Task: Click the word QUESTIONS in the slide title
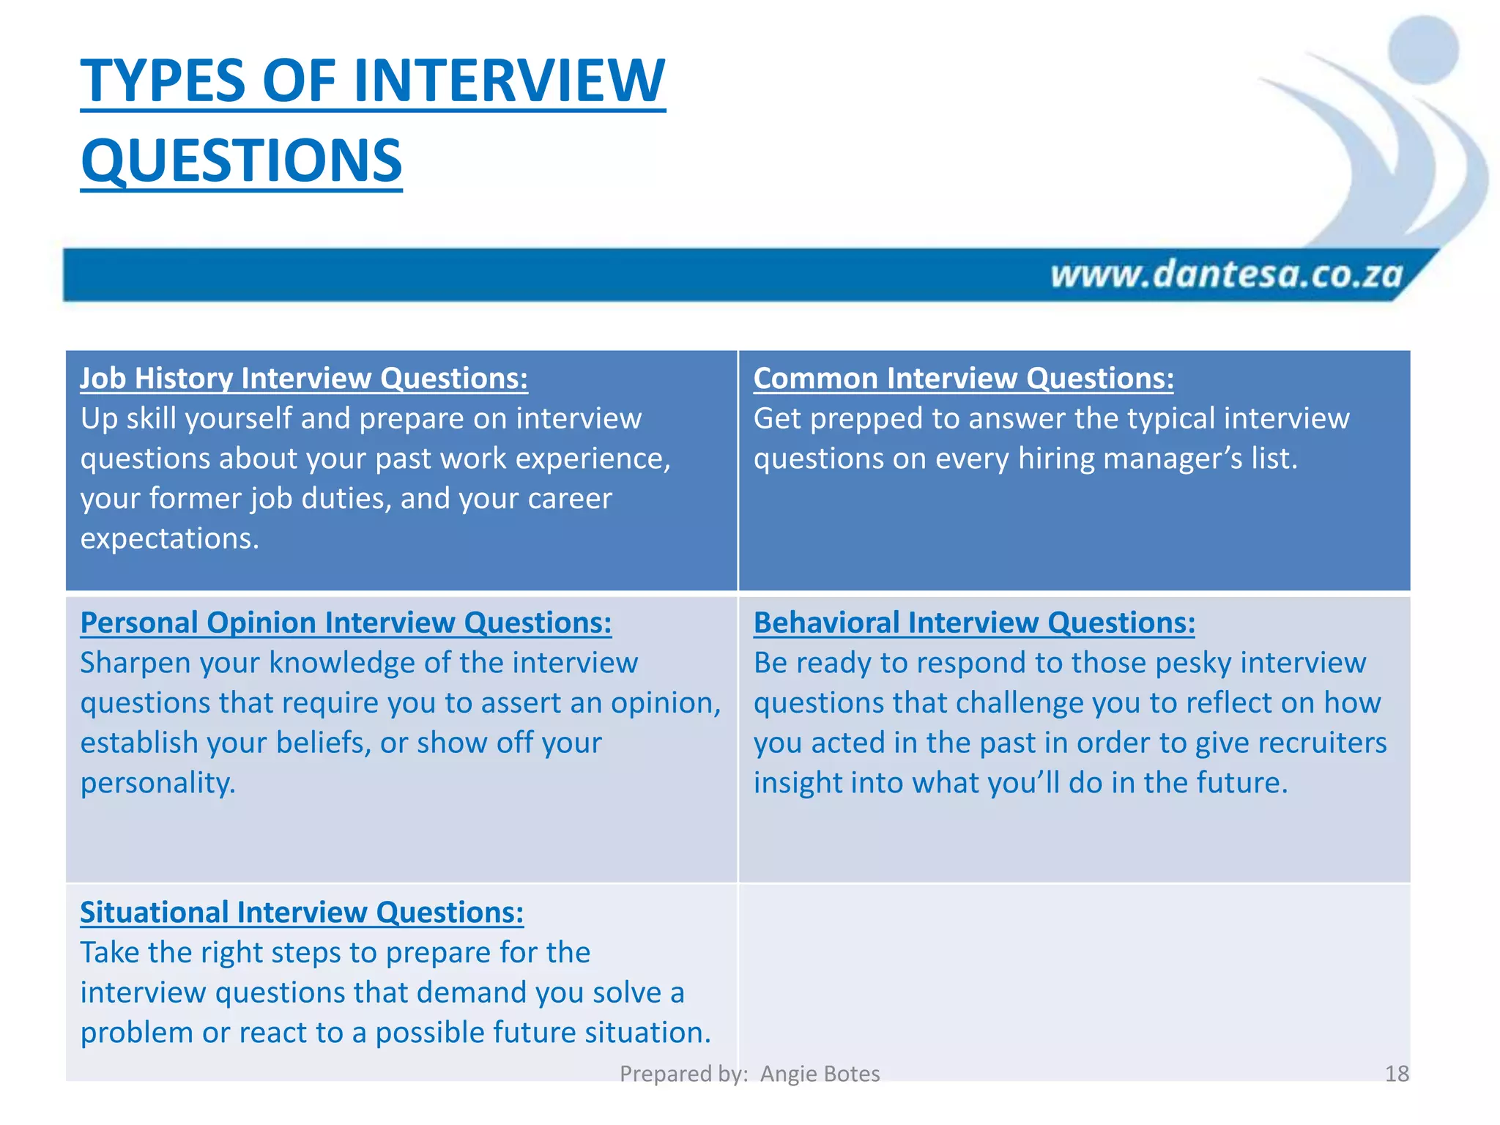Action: pyautogui.click(x=242, y=161)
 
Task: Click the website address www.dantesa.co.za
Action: pyautogui.click(x=1227, y=275)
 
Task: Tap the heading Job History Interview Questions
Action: pyautogui.click(x=303, y=379)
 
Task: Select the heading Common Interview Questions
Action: pyautogui.click(x=963, y=379)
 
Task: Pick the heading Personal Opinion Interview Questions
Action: pyautogui.click(x=346, y=623)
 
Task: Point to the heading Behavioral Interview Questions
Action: pyautogui.click(x=974, y=623)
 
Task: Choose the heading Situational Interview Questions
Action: pyautogui.click(x=302, y=913)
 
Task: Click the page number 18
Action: pyautogui.click(x=1397, y=1074)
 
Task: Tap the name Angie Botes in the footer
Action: pyautogui.click(x=820, y=1074)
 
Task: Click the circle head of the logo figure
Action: pyautogui.click(x=1422, y=50)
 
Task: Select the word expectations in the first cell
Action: pyautogui.click(x=169, y=539)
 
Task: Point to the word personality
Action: pyautogui.click(x=157, y=784)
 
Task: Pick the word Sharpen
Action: pyautogui.click(x=135, y=664)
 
